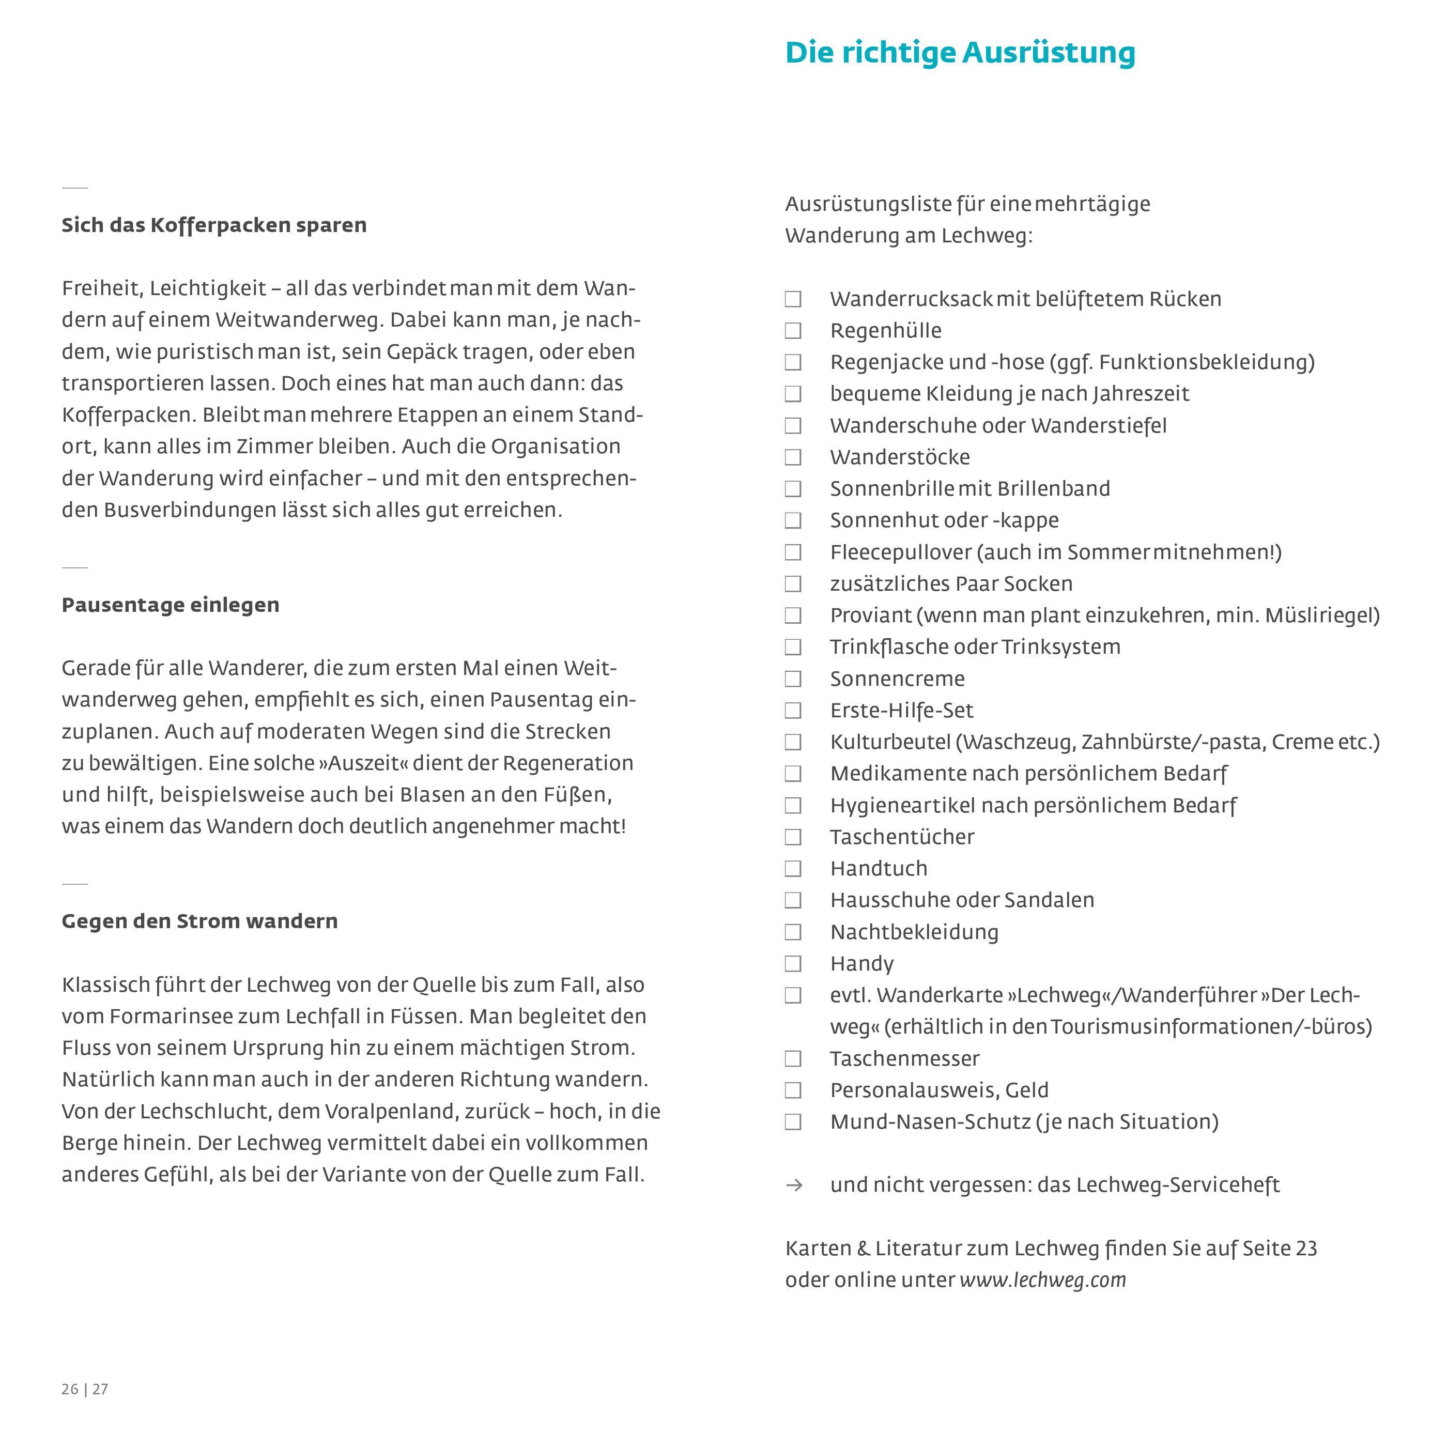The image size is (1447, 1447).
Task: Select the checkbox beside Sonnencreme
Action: (x=792, y=679)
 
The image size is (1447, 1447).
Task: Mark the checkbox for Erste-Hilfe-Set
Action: (x=792, y=711)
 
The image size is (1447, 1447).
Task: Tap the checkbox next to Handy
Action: (x=792, y=964)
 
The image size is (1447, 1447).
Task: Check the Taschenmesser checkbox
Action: (x=792, y=1059)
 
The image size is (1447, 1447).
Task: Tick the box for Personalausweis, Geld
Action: (x=792, y=1090)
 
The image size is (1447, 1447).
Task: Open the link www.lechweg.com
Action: (x=1042, y=1280)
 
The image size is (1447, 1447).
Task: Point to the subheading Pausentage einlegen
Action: (x=170, y=605)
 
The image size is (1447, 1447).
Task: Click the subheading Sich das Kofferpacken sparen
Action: (x=214, y=225)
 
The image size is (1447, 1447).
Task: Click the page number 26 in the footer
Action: (x=70, y=1389)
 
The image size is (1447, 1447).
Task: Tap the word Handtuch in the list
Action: (x=879, y=869)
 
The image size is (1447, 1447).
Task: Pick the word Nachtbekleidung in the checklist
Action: (x=914, y=932)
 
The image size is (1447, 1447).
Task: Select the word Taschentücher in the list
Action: (x=902, y=837)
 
